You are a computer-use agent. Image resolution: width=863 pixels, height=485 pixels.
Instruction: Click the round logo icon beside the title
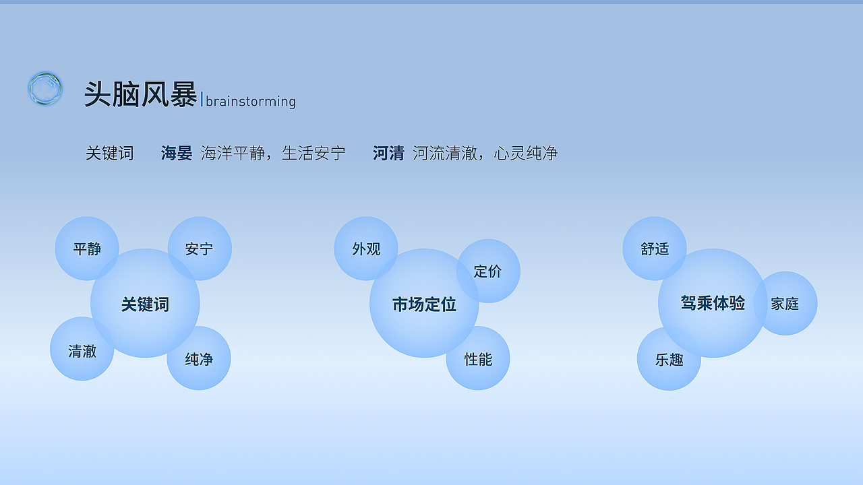click(45, 89)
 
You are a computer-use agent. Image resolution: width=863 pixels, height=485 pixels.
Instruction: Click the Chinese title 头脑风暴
click(140, 94)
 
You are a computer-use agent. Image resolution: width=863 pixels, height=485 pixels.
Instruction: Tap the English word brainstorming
click(251, 101)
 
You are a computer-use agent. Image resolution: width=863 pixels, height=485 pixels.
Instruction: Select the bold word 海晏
click(177, 153)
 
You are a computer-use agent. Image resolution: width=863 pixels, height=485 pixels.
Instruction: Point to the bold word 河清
click(388, 153)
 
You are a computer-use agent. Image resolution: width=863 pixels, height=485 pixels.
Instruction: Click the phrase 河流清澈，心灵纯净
click(485, 153)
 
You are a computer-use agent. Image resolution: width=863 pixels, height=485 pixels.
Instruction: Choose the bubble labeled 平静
click(86, 249)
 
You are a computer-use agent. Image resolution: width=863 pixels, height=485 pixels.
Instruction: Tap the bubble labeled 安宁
click(200, 249)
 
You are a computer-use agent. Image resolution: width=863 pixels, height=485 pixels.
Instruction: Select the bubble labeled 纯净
click(199, 358)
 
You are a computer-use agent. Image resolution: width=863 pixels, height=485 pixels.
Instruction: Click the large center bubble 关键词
click(145, 304)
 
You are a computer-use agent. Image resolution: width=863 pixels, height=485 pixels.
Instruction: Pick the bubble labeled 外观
click(366, 249)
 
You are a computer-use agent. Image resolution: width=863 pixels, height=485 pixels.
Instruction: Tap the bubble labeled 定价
click(488, 271)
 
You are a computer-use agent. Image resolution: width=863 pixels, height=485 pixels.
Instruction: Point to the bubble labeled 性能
click(478, 358)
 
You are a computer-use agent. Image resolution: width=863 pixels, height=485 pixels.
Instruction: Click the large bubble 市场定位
click(424, 304)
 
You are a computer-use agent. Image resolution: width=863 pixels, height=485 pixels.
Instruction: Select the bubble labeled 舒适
click(655, 249)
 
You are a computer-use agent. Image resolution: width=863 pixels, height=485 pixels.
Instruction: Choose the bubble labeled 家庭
click(785, 303)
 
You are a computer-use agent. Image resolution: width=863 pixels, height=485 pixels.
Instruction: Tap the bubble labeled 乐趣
click(669, 359)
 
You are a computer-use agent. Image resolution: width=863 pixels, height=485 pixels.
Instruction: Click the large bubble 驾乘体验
click(713, 303)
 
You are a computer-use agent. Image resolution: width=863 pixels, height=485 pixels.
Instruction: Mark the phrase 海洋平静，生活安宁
click(273, 153)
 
